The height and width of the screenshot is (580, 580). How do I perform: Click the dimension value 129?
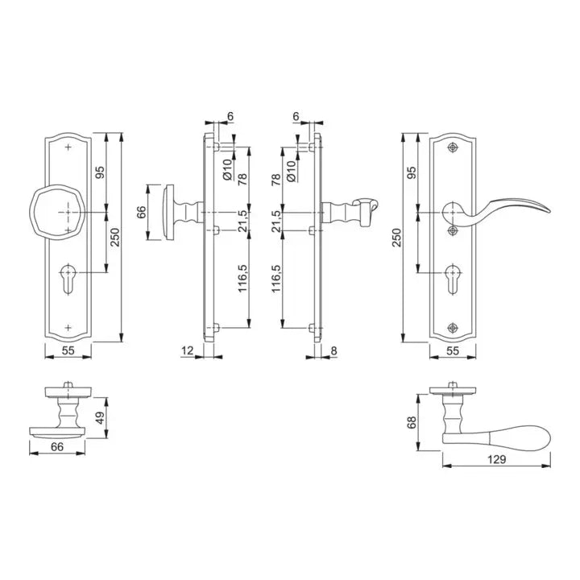(x=496, y=459)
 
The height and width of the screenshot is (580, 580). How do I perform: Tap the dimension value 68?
(x=412, y=422)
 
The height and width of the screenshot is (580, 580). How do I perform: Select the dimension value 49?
(x=100, y=418)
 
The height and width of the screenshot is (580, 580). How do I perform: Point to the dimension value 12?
(x=188, y=350)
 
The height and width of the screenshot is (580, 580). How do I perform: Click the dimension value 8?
(x=333, y=350)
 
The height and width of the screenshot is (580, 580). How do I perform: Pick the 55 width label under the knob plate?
(x=68, y=350)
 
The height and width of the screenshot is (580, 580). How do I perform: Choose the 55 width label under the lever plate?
(x=453, y=350)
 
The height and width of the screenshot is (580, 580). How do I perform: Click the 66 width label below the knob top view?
(x=57, y=447)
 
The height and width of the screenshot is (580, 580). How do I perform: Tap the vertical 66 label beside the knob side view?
(x=142, y=213)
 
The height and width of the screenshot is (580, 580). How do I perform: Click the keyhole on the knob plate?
(x=68, y=279)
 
